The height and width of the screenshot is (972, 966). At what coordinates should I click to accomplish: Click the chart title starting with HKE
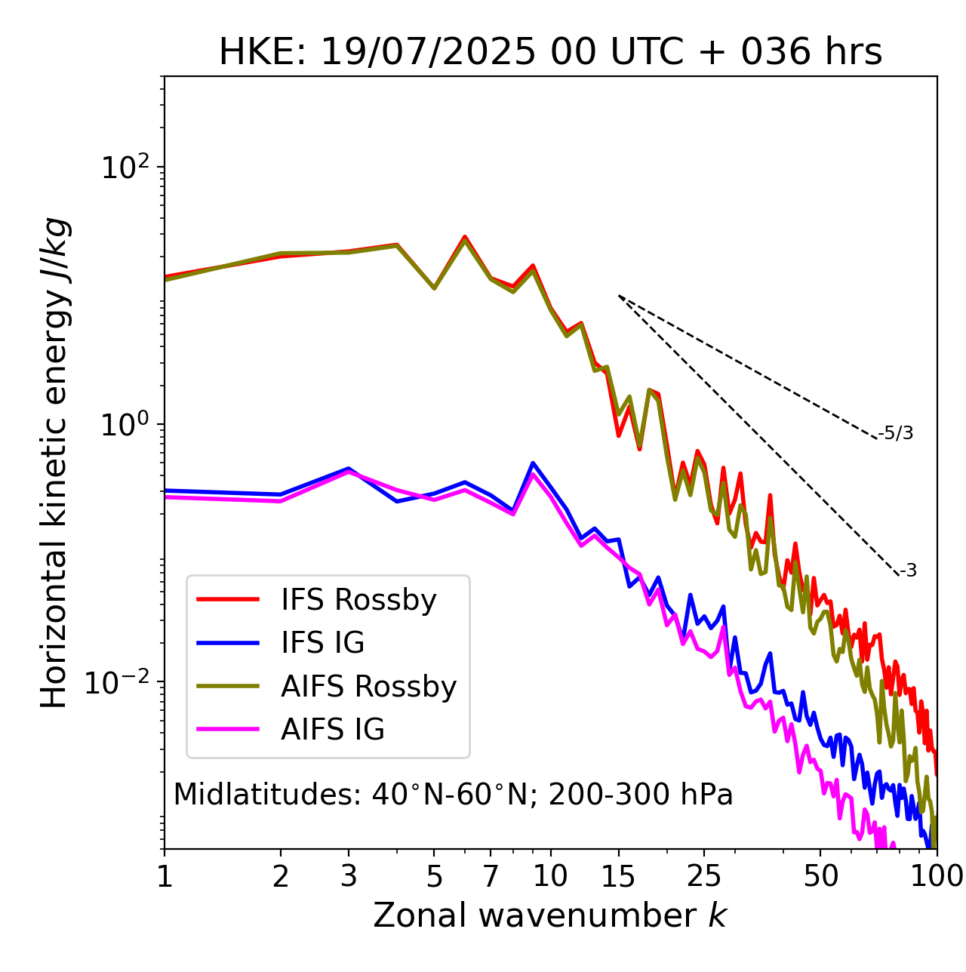(x=550, y=53)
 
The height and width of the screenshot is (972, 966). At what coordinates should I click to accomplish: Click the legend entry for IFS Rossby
(x=358, y=600)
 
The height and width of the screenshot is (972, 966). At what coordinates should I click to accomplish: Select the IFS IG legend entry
(x=322, y=643)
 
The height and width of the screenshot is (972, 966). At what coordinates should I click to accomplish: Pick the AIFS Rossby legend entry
(x=368, y=687)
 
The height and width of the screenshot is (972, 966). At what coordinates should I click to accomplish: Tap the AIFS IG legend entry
(x=333, y=730)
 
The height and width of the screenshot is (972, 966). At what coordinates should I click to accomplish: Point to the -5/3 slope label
(x=896, y=433)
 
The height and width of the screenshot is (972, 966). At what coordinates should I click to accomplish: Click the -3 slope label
(x=908, y=571)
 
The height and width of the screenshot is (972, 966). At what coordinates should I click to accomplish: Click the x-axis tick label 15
(x=619, y=876)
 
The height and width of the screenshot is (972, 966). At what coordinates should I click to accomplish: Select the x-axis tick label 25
(x=704, y=876)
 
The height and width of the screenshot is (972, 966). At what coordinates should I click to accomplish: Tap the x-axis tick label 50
(x=821, y=876)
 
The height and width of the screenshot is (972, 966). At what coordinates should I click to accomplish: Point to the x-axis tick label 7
(x=491, y=876)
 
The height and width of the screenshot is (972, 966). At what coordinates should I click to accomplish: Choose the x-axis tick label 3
(x=349, y=876)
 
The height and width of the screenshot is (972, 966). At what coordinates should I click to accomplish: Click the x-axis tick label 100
(x=936, y=876)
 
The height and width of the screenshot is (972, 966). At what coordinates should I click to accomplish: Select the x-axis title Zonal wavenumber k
(x=550, y=915)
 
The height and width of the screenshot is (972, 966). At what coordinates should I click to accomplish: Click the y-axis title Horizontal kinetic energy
(x=56, y=463)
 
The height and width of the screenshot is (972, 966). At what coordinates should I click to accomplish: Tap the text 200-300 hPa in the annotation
(x=641, y=795)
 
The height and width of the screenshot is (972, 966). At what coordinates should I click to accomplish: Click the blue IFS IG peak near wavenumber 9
(x=533, y=463)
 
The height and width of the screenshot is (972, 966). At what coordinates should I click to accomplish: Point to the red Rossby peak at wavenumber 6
(x=465, y=236)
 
